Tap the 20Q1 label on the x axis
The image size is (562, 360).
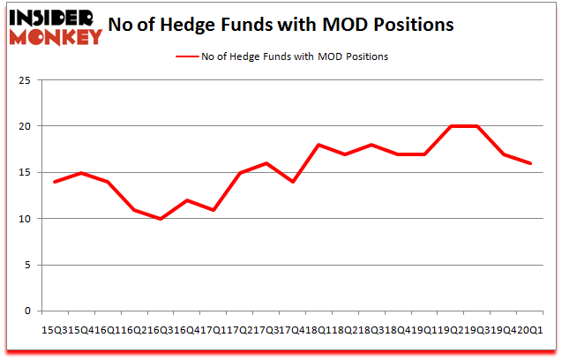pos(530,330)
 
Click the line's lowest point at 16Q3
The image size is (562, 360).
pos(160,219)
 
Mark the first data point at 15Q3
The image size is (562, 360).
pos(55,182)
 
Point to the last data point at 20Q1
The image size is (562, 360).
pos(530,163)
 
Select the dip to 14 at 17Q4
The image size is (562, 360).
pos(292,182)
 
